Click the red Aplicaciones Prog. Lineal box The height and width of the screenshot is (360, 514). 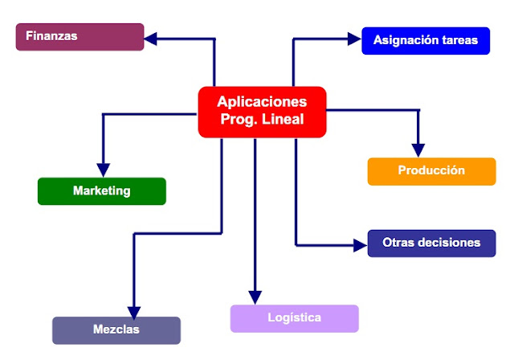262,112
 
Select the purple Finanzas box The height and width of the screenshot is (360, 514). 80,37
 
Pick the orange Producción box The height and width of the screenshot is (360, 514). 431,171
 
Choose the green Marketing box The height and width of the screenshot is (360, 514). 101,191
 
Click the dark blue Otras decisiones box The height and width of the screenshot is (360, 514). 431,243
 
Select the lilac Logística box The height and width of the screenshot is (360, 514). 294,318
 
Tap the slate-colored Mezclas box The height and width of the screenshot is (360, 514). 116,330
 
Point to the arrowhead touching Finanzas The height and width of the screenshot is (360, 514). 151,37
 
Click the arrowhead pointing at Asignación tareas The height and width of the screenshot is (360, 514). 354,38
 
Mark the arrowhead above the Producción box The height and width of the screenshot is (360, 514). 418,149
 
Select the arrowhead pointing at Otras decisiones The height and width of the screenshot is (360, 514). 361,243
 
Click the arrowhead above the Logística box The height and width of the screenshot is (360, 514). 255,297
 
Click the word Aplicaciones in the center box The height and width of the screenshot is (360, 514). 262,103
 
